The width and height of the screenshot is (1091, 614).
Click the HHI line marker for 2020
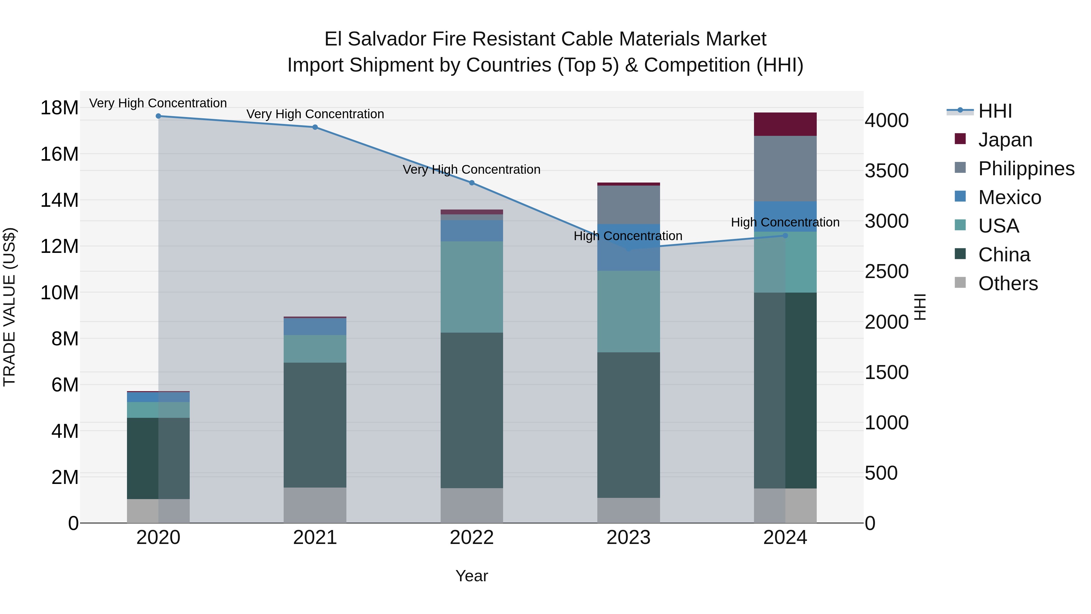point(158,116)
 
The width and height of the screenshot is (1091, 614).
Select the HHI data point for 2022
point(472,183)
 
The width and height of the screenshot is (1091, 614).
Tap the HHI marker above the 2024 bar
point(785,236)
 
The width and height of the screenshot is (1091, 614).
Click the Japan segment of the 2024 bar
point(785,124)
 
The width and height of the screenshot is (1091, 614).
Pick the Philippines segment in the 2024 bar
point(785,169)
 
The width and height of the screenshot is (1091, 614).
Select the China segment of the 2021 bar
point(315,425)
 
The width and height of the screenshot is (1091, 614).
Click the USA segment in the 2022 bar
point(472,287)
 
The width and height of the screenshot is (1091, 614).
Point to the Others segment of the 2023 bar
point(629,510)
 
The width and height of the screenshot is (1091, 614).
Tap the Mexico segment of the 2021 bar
point(315,326)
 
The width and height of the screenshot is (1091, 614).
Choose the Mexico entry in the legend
point(1009,197)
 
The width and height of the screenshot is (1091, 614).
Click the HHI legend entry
point(995,111)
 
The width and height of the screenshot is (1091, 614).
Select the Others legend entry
point(1008,284)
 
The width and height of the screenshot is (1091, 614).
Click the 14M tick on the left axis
point(59,200)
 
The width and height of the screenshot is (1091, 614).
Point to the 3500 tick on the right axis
point(886,171)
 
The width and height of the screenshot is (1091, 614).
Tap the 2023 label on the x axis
point(629,538)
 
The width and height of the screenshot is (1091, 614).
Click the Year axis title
point(472,576)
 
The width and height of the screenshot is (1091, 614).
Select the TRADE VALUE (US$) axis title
point(9,307)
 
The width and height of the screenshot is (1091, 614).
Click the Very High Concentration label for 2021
point(315,114)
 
